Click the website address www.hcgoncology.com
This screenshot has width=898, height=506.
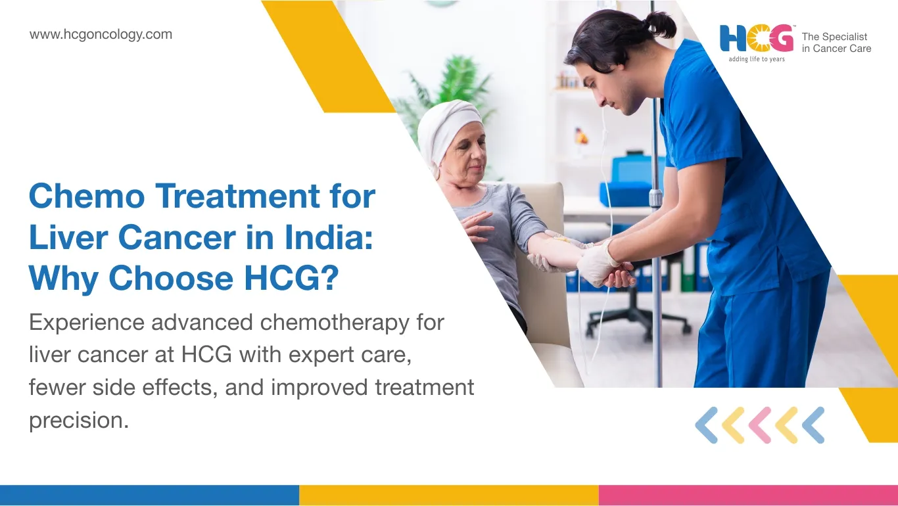coord(101,35)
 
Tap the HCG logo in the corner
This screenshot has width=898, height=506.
coord(756,39)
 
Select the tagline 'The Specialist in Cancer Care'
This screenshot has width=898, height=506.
coord(836,43)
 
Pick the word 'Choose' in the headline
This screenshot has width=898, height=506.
coord(171,278)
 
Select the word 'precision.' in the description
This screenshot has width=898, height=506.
coord(79,421)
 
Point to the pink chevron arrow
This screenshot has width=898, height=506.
coord(759,425)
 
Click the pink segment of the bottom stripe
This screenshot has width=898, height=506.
coord(748,495)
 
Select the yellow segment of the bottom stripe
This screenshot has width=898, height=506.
coord(448,495)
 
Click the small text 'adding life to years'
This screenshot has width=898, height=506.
coord(756,59)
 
